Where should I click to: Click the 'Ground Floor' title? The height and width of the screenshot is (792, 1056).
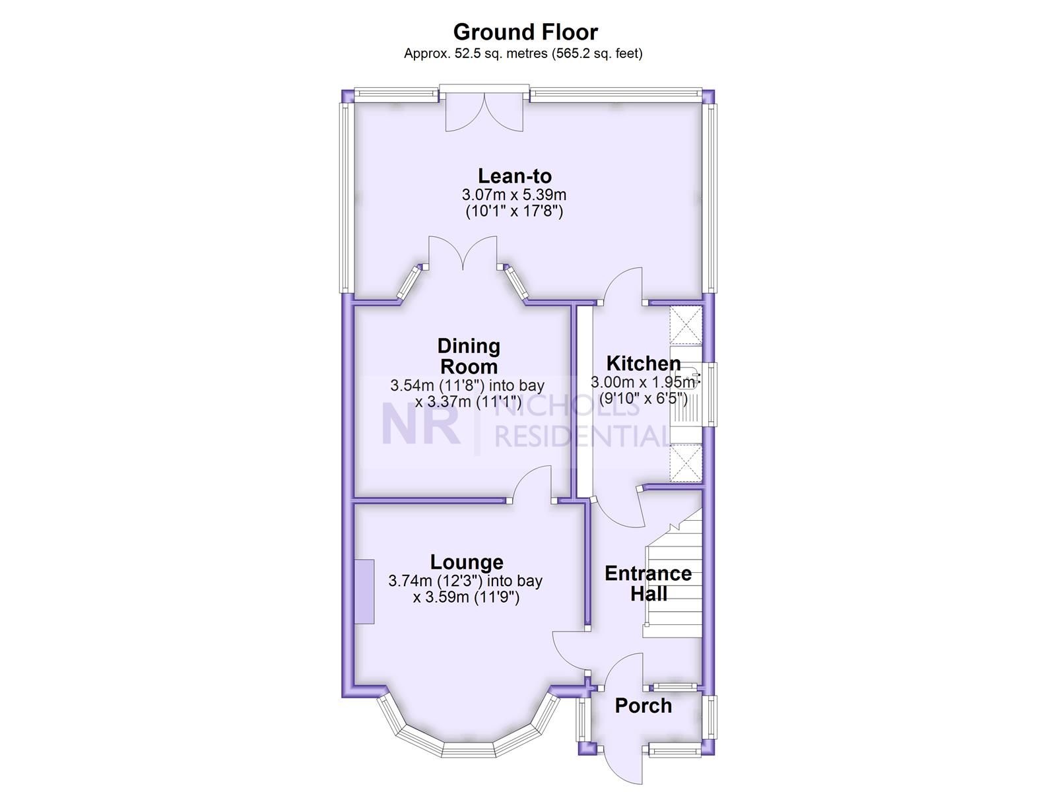(525, 32)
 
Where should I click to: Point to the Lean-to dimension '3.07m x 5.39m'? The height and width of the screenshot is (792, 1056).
(514, 195)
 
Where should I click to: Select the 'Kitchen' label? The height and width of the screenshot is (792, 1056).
(643, 363)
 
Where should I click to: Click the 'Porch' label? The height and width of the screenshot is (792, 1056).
(643, 706)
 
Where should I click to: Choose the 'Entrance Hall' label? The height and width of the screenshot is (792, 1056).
(648, 583)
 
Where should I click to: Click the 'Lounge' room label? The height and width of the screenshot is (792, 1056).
(467, 562)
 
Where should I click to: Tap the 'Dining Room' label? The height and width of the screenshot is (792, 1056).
(469, 356)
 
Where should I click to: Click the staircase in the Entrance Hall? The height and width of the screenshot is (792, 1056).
(673, 581)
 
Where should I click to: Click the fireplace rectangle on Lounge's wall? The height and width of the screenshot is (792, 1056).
(364, 591)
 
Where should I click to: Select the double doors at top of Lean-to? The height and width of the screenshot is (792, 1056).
(484, 112)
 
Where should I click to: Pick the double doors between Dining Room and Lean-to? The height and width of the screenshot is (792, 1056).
(463, 254)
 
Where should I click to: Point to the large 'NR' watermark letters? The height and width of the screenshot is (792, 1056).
(420, 426)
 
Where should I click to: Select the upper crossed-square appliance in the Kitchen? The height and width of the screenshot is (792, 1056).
(686, 325)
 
